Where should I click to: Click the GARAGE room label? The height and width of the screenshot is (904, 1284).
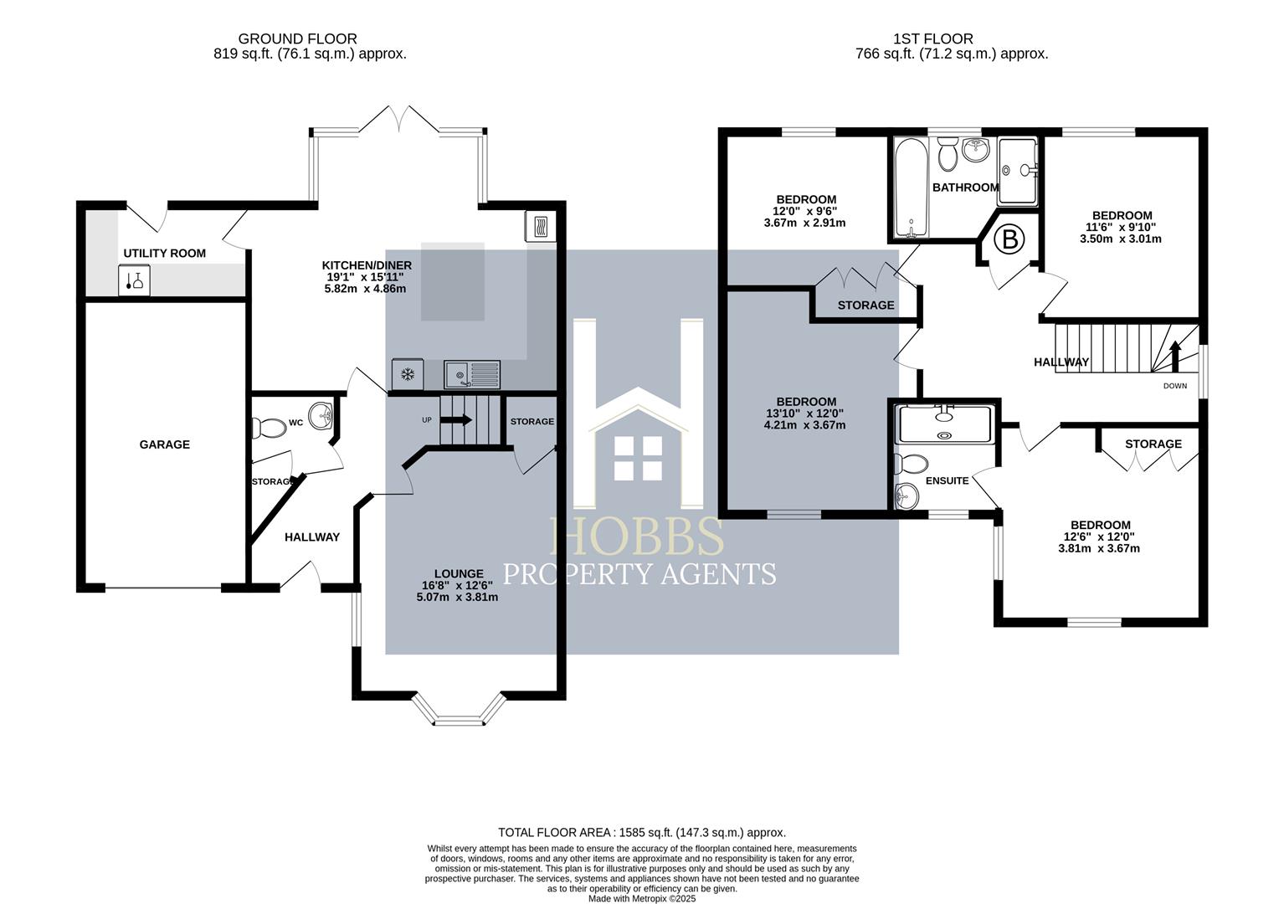click(164, 444)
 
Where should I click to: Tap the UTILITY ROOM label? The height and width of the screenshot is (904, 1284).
click(164, 253)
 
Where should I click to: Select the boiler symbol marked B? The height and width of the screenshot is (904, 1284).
click(1009, 240)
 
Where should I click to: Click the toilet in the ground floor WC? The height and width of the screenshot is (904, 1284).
click(270, 427)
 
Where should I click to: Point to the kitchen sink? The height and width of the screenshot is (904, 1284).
click(472, 374)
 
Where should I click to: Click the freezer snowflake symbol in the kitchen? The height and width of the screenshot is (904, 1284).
click(408, 374)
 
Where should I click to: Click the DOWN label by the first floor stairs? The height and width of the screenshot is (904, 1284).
click(1174, 386)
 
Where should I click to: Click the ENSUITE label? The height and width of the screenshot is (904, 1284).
click(947, 480)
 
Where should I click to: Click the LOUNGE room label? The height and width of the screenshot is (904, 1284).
click(458, 573)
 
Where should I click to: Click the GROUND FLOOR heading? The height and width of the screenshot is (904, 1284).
click(297, 39)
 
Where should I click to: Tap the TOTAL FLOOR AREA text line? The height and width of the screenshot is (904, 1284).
click(641, 832)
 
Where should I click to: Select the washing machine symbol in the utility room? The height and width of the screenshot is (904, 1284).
click(134, 280)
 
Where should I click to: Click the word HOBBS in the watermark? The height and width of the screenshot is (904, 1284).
click(637, 536)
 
